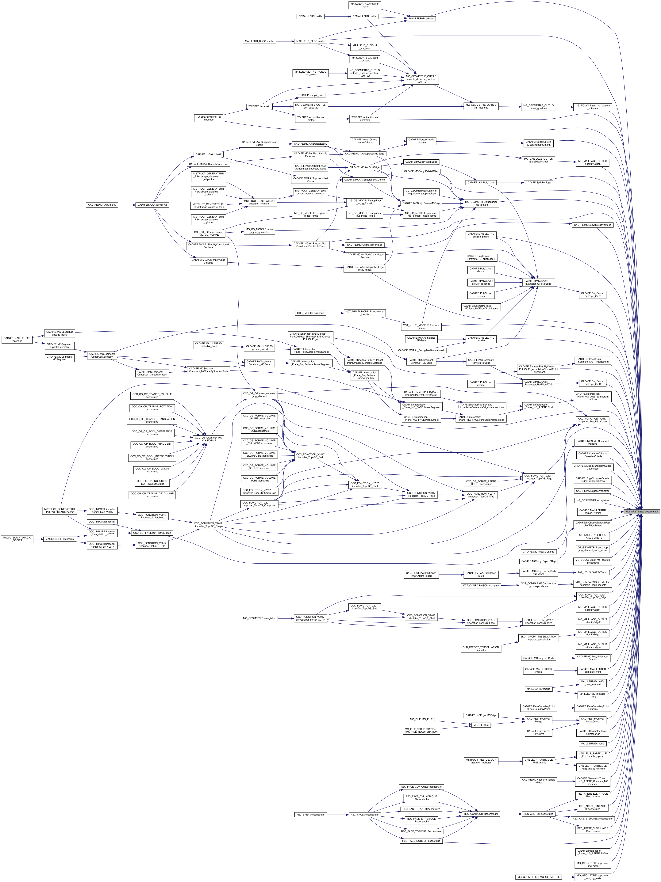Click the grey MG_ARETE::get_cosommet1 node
(641, 511)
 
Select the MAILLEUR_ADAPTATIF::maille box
(365, 5)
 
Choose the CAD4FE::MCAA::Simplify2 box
(152, 205)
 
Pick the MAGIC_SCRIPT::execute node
(59, 539)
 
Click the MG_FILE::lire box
(482, 725)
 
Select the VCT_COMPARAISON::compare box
(481, 586)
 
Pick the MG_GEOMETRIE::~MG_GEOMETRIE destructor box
(539, 877)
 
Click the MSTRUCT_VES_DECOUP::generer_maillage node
(481, 761)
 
